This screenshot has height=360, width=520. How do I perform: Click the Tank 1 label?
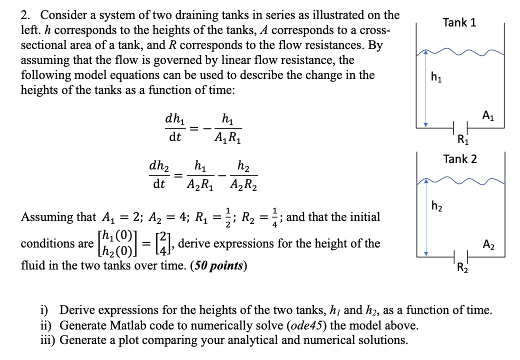[x=459, y=22]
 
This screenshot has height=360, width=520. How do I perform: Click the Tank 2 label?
[x=459, y=159]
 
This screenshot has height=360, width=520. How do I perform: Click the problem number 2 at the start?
[x=24, y=15]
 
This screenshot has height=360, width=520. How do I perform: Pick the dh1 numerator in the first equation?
[x=174, y=120]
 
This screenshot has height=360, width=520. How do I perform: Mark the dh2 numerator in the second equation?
[x=159, y=166]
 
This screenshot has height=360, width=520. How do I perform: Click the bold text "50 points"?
[x=219, y=265]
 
